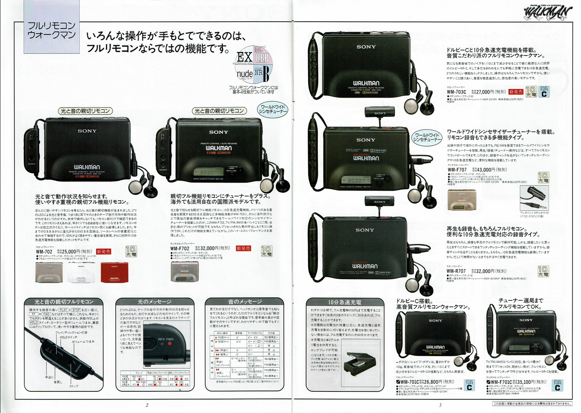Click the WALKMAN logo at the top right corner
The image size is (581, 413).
548,12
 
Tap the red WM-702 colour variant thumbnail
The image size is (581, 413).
114,272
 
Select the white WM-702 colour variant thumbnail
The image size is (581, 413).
81,272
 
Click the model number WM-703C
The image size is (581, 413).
456,92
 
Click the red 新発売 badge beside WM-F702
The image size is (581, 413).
243,248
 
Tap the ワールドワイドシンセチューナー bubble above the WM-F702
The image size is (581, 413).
273,109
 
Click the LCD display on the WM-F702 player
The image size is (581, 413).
206,172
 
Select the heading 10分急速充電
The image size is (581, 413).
344,302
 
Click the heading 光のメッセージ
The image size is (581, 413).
154,302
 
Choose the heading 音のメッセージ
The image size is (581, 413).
245,302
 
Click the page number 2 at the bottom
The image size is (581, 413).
147,405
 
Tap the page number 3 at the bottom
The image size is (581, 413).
440,405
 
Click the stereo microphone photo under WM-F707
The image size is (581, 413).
534,198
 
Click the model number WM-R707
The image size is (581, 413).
456,271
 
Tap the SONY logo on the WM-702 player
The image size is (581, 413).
87,131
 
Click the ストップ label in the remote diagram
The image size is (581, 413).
74,386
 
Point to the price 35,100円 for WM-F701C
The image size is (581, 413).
535,382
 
